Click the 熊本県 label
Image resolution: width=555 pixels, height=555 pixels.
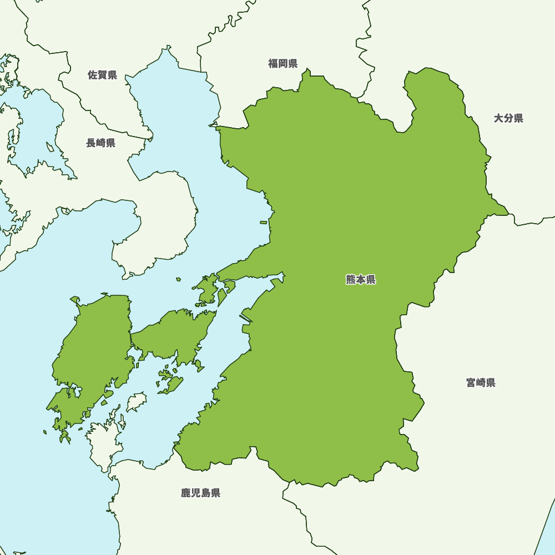pyautogui.click(x=361, y=280)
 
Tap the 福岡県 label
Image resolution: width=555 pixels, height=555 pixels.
pyautogui.click(x=283, y=63)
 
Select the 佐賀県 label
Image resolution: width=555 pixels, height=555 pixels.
pyautogui.click(x=103, y=75)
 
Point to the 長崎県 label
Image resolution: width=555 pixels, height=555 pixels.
pyautogui.click(x=100, y=143)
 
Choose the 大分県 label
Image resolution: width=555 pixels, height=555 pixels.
pyautogui.click(x=508, y=118)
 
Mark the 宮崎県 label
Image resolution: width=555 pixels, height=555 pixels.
pyautogui.click(x=481, y=382)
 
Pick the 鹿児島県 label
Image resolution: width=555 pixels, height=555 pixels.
pyautogui.click(x=200, y=493)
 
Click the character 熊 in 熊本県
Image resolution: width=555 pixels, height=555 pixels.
pyautogui.click(x=351, y=280)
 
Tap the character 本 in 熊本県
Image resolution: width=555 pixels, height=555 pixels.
pyautogui.click(x=361, y=280)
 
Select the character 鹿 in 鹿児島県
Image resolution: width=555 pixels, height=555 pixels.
pyautogui.click(x=186, y=493)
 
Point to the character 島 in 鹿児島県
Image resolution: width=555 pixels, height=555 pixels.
pyautogui.click(x=205, y=493)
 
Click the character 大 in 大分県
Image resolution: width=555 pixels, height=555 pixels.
pyautogui.click(x=499, y=118)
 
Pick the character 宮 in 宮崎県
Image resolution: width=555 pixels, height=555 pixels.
pyautogui.click(x=471, y=382)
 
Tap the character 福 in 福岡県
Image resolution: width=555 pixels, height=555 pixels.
pyautogui.click(x=273, y=63)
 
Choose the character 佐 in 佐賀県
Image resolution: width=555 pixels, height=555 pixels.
pyautogui.click(x=93, y=75)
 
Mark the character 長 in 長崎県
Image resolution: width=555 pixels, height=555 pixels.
pyautogui.click(x=91, y=143)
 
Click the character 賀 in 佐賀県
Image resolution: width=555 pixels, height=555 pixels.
pyautogui.click(x=103, y=75)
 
